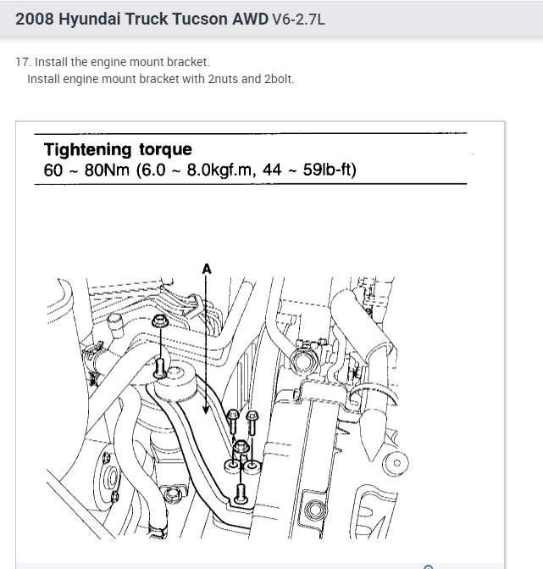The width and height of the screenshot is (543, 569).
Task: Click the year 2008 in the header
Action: [35, 18]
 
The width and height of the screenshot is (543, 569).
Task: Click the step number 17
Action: [21, 63]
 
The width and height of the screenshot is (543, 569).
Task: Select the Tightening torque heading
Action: [118, 150]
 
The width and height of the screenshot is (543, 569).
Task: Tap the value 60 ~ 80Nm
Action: [86, 170]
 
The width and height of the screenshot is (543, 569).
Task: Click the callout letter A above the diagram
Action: [207, 269]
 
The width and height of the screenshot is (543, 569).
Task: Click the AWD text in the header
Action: [250, 18]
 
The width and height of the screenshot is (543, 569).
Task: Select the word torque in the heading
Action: [164, 150]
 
